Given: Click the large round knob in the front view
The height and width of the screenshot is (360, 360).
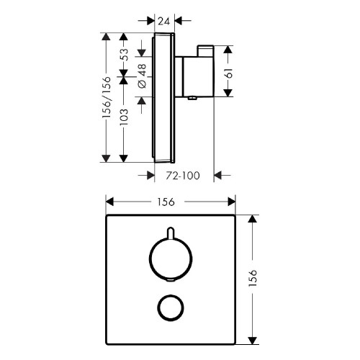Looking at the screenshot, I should (x=171, y=262).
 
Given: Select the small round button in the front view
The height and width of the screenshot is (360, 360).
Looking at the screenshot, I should (x=171, y=307).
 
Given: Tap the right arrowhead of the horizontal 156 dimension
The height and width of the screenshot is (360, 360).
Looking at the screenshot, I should (x=232, y=202).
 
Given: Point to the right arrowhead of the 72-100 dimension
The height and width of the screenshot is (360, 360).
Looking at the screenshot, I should (x=221, y=174).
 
